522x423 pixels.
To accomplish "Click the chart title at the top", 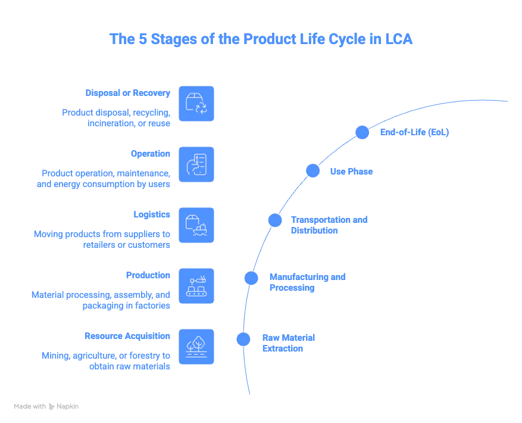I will point(261,39).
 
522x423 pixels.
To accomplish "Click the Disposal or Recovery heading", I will point(129,94).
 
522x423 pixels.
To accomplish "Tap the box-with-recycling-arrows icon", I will point(196,104).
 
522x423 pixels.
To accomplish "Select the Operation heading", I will point(150,153).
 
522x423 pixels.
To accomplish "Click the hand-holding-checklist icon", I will point(196,164).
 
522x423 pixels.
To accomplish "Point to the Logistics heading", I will point(152,214).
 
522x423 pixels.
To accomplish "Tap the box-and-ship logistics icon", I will point(196,225).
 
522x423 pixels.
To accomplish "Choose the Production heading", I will point(148,276).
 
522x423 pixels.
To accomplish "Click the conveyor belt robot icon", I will point(196,286).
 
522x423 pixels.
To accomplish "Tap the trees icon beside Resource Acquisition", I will point(196,347).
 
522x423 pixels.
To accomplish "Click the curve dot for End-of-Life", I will point(362,132).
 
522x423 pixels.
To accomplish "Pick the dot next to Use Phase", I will point(313,171).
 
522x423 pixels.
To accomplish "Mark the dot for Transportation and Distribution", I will point(275,220).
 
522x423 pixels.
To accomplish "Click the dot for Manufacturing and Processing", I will point(251,278).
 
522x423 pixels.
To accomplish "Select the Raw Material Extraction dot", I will point(243,339).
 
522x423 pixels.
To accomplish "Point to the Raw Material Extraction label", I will point(289,343).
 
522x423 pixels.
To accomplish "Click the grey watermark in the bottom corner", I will point(46,405).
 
